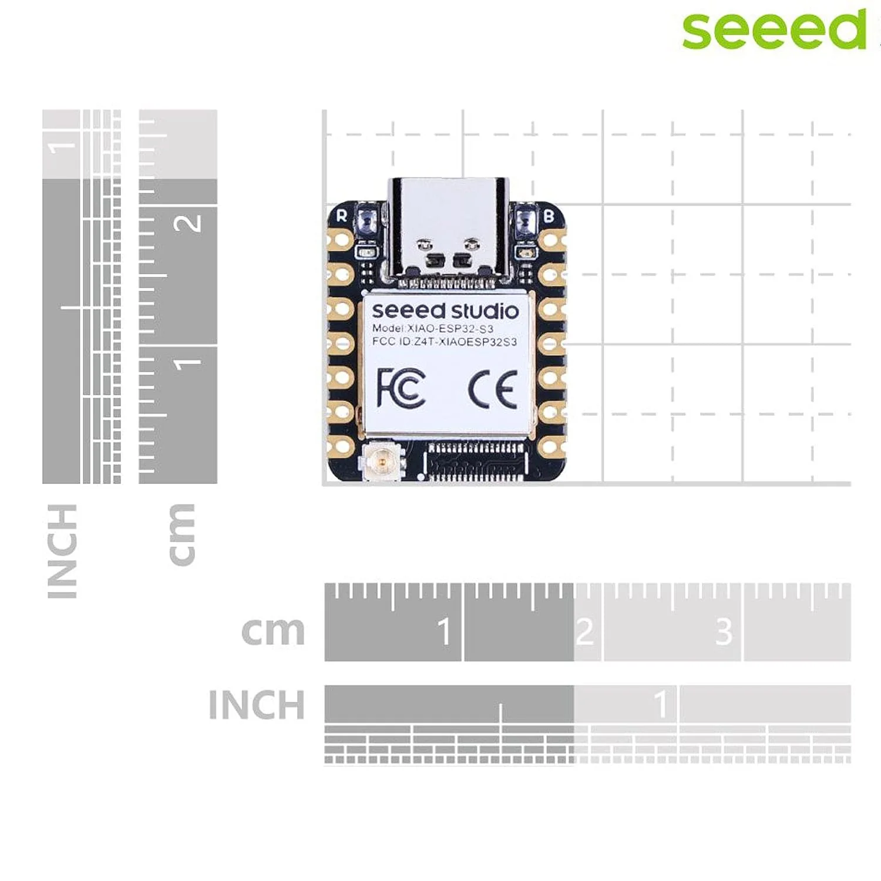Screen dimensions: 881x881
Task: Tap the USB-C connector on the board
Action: [448, 229]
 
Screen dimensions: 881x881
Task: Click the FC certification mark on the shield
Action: [401, 388]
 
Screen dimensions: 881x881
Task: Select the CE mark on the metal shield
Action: [493, 389]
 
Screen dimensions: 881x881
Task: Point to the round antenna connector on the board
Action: [382, 462]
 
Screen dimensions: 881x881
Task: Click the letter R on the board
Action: [342, 216]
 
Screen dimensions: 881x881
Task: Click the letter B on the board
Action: [549, 216]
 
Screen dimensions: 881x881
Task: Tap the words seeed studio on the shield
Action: [445, 310]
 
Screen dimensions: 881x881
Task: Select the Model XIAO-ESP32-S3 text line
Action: [433, 328]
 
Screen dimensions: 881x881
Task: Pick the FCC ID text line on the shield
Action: [445, 342]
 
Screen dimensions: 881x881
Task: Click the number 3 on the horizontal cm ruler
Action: [724, 631]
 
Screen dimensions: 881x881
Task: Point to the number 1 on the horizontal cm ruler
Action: [445, 631]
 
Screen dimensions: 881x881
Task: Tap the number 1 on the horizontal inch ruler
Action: [661, 704]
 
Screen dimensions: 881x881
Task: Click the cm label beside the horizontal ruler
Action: [273, 631]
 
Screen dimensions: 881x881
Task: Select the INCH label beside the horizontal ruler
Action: [257, 704]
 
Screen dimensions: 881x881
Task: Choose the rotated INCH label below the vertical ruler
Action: [62, 551]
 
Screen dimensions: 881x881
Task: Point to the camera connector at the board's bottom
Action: [476, 462]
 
